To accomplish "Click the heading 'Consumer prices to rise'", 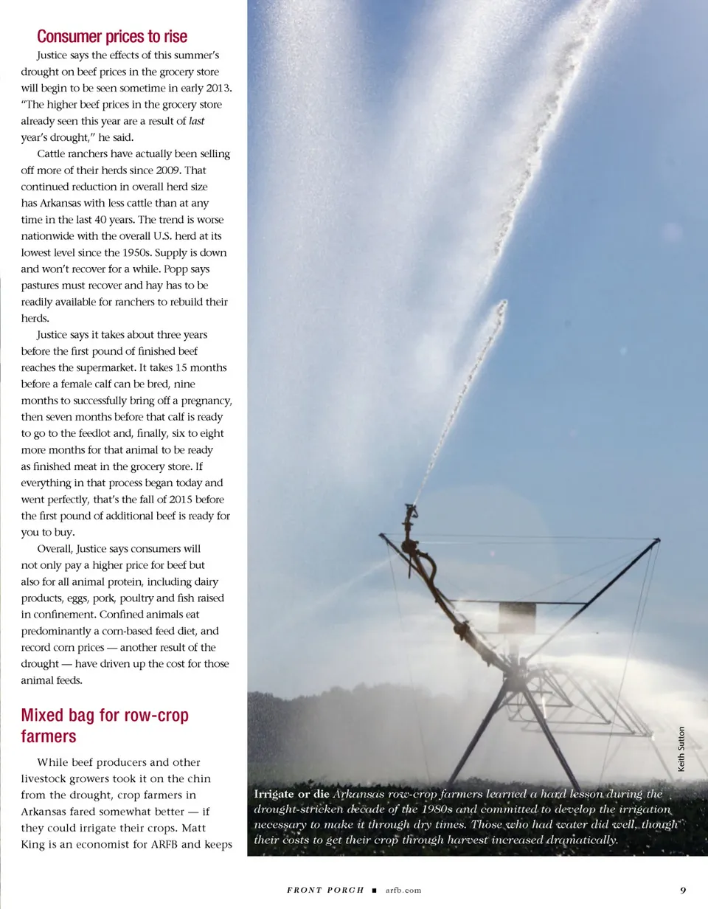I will pyautogui.click(x=112, y=37).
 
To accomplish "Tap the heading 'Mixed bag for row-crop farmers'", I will pyautogui.click(x=105, y=725).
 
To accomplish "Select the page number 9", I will pyautogui.click(x=683, y=889).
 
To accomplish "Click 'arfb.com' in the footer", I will pyautogui.click(x=403, y=890).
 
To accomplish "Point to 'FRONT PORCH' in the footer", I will pyautogui.click(x=325, y=890).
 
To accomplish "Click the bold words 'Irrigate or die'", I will pyautogui.click(x=291, y=795).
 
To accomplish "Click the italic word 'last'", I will pyautogui.click(x=196, y=121).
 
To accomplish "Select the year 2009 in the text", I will pyautogui.click(x=171, y=170).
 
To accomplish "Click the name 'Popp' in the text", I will pyautogui.click(x=175, y=269).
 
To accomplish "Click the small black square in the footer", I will pyautogui.click(x=375, y=890).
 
